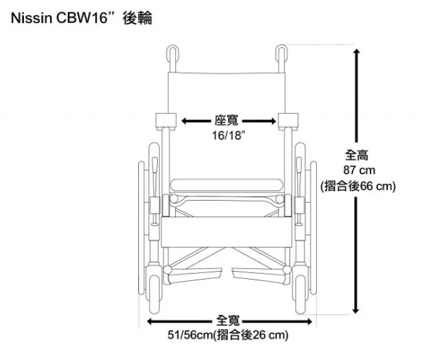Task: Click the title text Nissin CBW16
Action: click(x=62, y=19)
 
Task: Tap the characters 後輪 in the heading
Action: click(x=137, y=19)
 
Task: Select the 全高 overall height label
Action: click(x=357, y=155)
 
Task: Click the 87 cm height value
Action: click(x=357, y=170)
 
